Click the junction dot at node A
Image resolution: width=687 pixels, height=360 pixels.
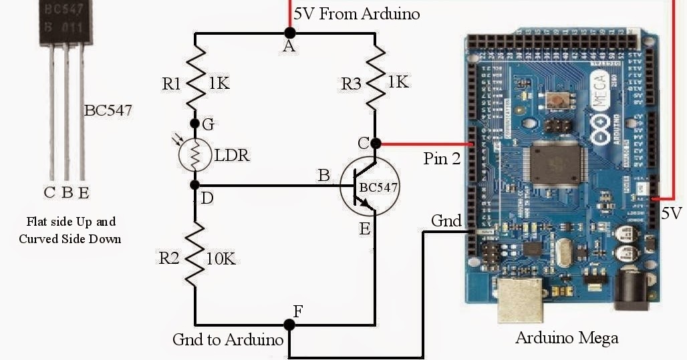289,31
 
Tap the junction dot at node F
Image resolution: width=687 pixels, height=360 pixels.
289,325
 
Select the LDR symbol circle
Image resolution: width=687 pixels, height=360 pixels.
196,154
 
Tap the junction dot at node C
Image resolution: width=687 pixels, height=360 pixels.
376,143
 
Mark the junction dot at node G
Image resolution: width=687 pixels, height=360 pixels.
196,124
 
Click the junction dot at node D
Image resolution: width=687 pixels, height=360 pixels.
196,184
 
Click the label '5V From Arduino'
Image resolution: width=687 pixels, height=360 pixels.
357,13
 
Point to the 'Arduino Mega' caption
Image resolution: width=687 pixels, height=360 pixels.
567,338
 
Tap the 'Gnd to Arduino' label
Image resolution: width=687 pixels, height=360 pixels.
228,339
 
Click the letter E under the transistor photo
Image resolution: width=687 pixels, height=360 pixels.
84,194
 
